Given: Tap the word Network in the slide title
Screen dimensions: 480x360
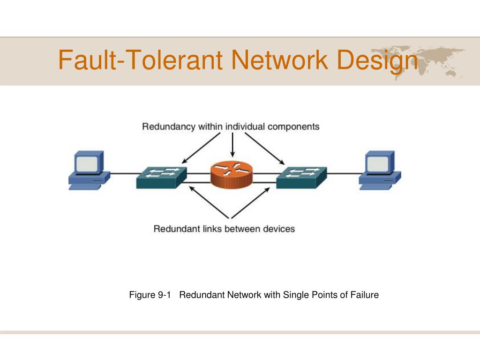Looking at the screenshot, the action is (x=280, y=60).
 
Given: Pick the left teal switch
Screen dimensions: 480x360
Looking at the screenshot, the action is (x=161, y=178).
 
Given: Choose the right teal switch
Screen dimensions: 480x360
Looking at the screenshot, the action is (x=301, y=178).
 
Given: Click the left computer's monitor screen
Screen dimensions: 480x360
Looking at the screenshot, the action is (x=87, y=164).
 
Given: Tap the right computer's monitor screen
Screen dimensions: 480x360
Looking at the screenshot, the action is (x=377, y=164).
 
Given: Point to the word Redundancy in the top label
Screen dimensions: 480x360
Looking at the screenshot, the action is (x=169, y=127).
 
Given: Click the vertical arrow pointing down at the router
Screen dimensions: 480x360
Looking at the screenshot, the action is (x=232, y=145).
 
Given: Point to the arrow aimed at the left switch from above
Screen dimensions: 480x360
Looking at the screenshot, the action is (x=201, y=148).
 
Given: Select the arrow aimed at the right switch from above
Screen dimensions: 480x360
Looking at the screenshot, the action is (x=265, y=149).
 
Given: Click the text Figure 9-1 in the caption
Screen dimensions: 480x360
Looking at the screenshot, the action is (x=150, y=295).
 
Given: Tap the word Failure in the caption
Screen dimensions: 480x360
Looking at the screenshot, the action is (x=365, y=295).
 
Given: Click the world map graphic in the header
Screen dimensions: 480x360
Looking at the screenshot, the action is (x=418, y=62).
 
